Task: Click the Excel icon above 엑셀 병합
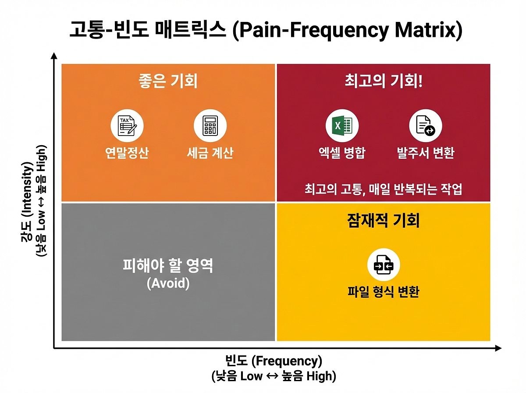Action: point(342,126)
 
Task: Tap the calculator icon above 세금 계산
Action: point(210,126)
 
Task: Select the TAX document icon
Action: point(127,126)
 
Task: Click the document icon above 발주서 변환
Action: point(426,126)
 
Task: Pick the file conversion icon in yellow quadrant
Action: point(384,265)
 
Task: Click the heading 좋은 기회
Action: point(168,82)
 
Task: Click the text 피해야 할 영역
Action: point(168,266)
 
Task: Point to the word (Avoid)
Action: point(168,283)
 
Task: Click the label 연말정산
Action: point(127,153)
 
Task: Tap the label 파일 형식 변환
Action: point(384,292)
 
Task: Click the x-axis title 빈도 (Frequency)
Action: point(274,361)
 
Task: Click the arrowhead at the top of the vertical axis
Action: point(54,56)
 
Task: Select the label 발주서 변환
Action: point(426,153)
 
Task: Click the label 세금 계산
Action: point(210,153)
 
